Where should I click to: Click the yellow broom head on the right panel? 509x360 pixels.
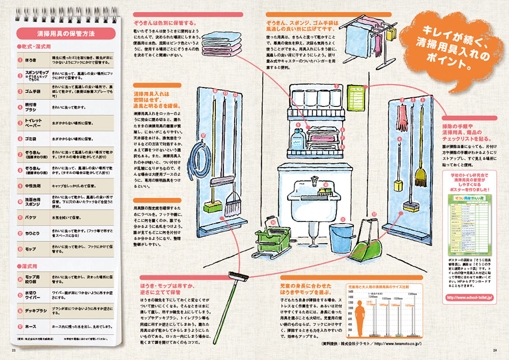[420, 176]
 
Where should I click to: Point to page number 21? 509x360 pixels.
[14, 351]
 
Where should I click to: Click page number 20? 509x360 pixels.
[494, 351]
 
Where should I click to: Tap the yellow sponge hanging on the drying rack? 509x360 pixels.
[391, 35]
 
